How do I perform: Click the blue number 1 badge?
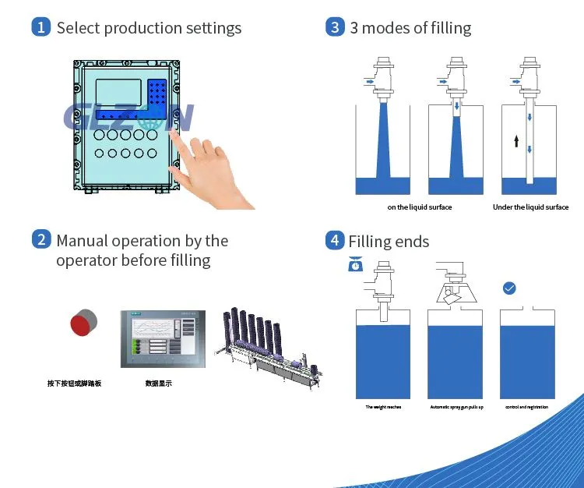[41, 27]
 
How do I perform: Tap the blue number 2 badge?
[41, 240]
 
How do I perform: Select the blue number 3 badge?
[335, 27]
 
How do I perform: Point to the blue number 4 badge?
[335, 240]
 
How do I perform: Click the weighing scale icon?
[355, 265]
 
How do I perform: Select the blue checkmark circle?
[509, 288]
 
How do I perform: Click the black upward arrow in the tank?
[515, 141]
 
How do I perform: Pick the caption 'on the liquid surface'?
[420, 207]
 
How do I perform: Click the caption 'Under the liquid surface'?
[530, 207]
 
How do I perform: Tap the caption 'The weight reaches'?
[383, 407]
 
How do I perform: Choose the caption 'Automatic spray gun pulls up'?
[456, 407]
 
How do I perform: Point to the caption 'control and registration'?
[526, 407]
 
